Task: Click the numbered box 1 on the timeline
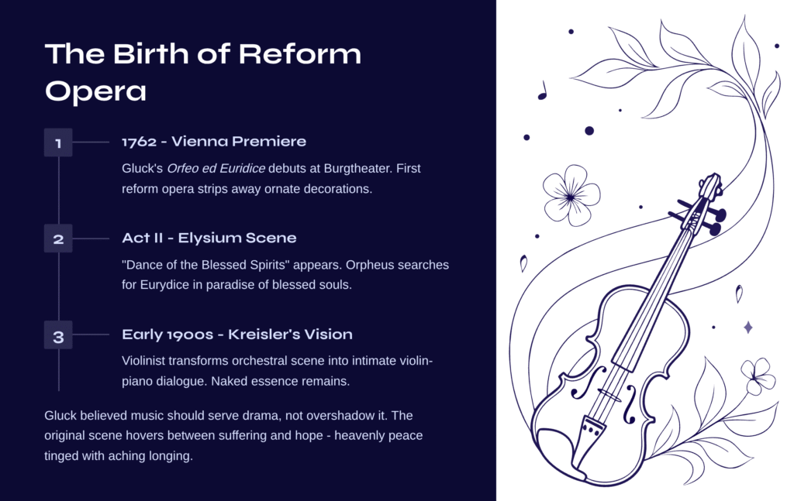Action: (58, 142)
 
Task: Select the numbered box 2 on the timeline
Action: (58, 238)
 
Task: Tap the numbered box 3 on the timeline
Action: (58, 335)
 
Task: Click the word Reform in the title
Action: (300, 53)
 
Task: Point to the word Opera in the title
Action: (95, 92)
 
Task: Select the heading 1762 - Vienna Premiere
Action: (214, 142)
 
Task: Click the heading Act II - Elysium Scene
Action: (209, 238)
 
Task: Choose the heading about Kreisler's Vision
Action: (237, 335)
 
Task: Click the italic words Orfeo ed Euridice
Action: (216, 168)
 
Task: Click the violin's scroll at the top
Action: (711, 185)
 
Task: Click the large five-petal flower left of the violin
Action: (571, 196)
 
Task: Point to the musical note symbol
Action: (542, 91)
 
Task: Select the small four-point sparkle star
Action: (748, 327)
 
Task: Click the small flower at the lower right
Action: (758, 376)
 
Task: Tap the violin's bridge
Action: (609, 396)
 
